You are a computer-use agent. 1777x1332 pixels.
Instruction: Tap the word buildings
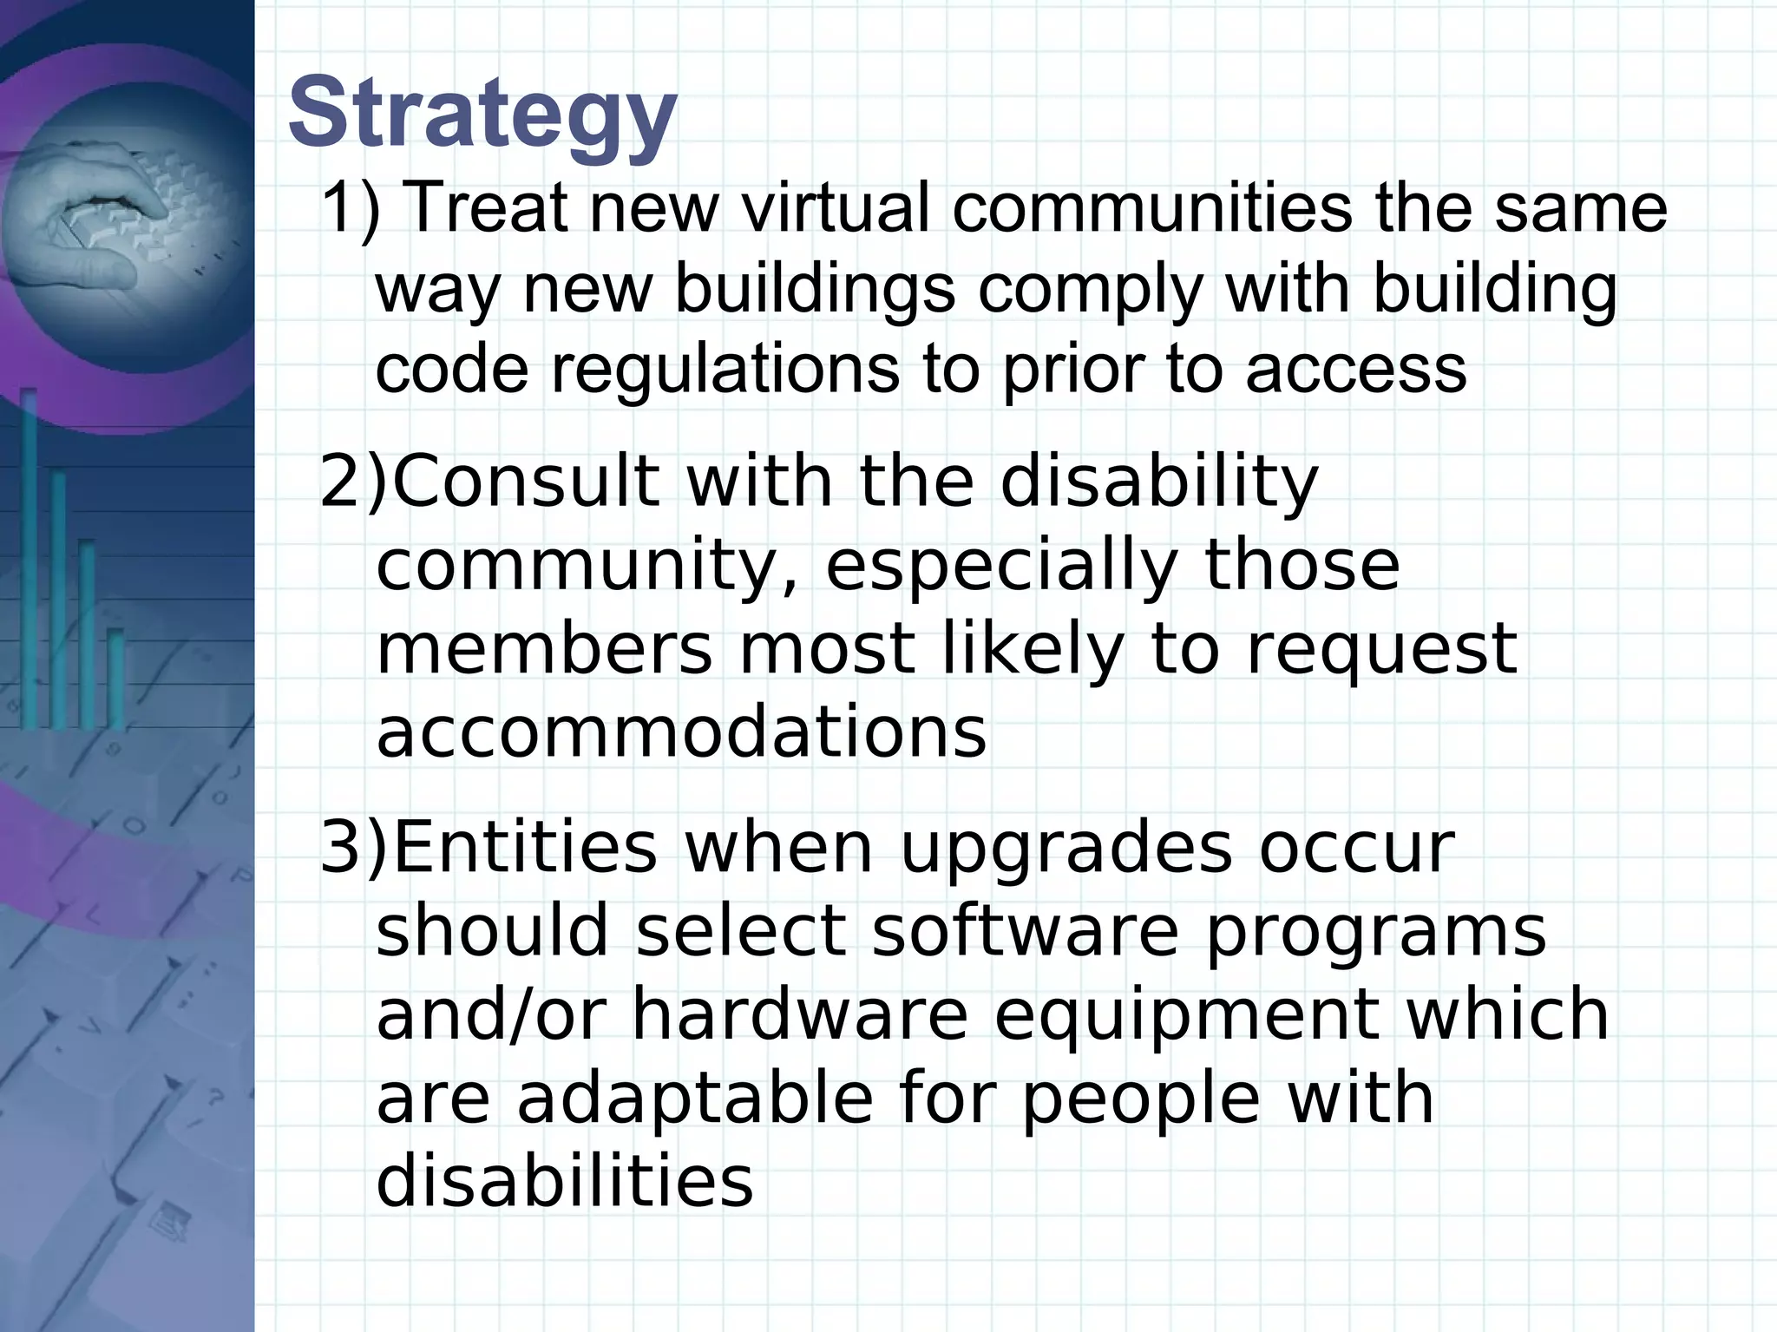coord(814,289)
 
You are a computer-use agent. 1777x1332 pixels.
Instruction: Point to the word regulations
coord(725,369)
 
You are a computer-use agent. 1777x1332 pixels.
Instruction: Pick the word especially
coord(1000,567)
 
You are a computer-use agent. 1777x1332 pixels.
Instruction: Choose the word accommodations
coord(681,733)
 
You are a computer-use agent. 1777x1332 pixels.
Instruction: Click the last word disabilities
coord(565,1181)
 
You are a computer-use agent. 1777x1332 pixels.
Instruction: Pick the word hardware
coord(799,1014)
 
